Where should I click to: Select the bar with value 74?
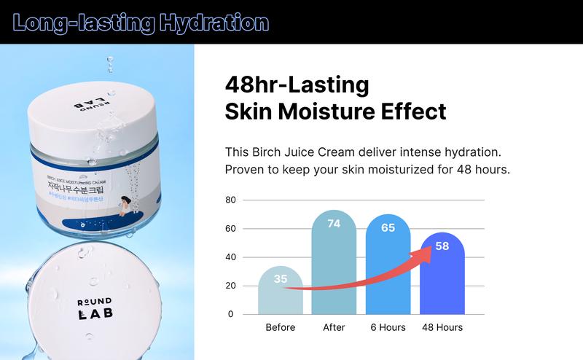click(x=334, y=270)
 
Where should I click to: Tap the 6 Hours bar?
click(x=388, y=273)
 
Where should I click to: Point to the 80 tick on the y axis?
click(x=231, y=200)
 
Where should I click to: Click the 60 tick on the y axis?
click(x=231, y=228)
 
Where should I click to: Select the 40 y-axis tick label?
click(x=231, y=257)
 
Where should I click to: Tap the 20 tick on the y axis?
click(x=231, y=285)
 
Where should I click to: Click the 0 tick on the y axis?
click(x=231, y=314)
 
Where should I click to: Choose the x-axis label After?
click(x=334, y=327)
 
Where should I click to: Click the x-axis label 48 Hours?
click(x=442, y=327)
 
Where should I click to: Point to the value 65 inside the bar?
click(x=388, y=227)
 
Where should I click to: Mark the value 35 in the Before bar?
click(x=281, y=278)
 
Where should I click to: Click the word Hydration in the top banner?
click(x=210, y=22)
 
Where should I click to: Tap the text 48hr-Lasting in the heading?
click(x=297, y=85)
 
